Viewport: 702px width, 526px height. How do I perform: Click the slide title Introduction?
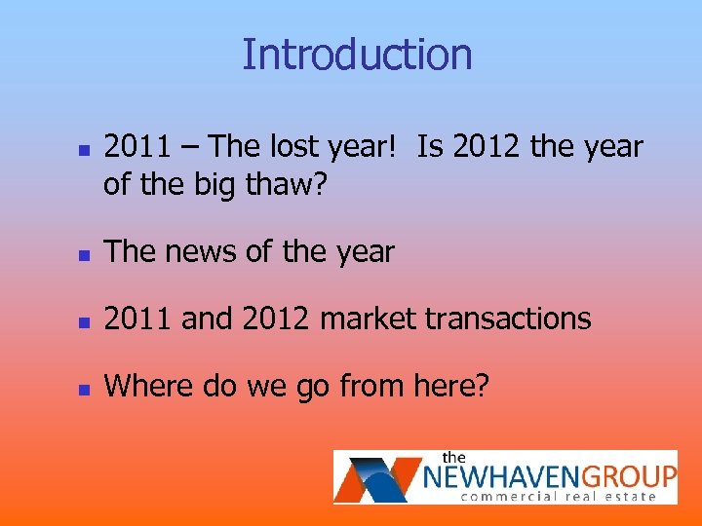click(x=357, y=55)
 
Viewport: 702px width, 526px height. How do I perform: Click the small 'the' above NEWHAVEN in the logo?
click(x=454, y=457)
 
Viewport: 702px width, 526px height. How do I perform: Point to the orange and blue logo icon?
click(x=377, y=476)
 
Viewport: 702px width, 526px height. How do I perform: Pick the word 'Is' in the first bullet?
click(x=430, y=147)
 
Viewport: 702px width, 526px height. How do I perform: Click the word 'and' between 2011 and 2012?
click(x=206, y=319)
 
